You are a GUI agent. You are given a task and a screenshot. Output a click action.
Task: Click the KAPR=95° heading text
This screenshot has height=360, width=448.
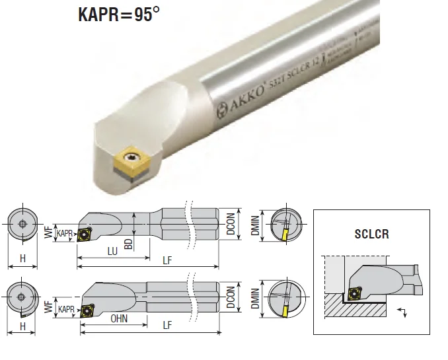point(119,15)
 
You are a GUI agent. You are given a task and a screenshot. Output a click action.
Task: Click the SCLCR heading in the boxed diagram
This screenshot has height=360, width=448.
point(371,234)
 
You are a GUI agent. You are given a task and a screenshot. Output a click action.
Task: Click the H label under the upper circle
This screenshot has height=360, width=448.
point(23,259)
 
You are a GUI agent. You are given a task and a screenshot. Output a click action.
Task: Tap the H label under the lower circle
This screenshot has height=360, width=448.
point(23,327)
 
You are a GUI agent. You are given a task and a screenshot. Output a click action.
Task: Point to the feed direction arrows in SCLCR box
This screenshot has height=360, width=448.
point(401,312)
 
